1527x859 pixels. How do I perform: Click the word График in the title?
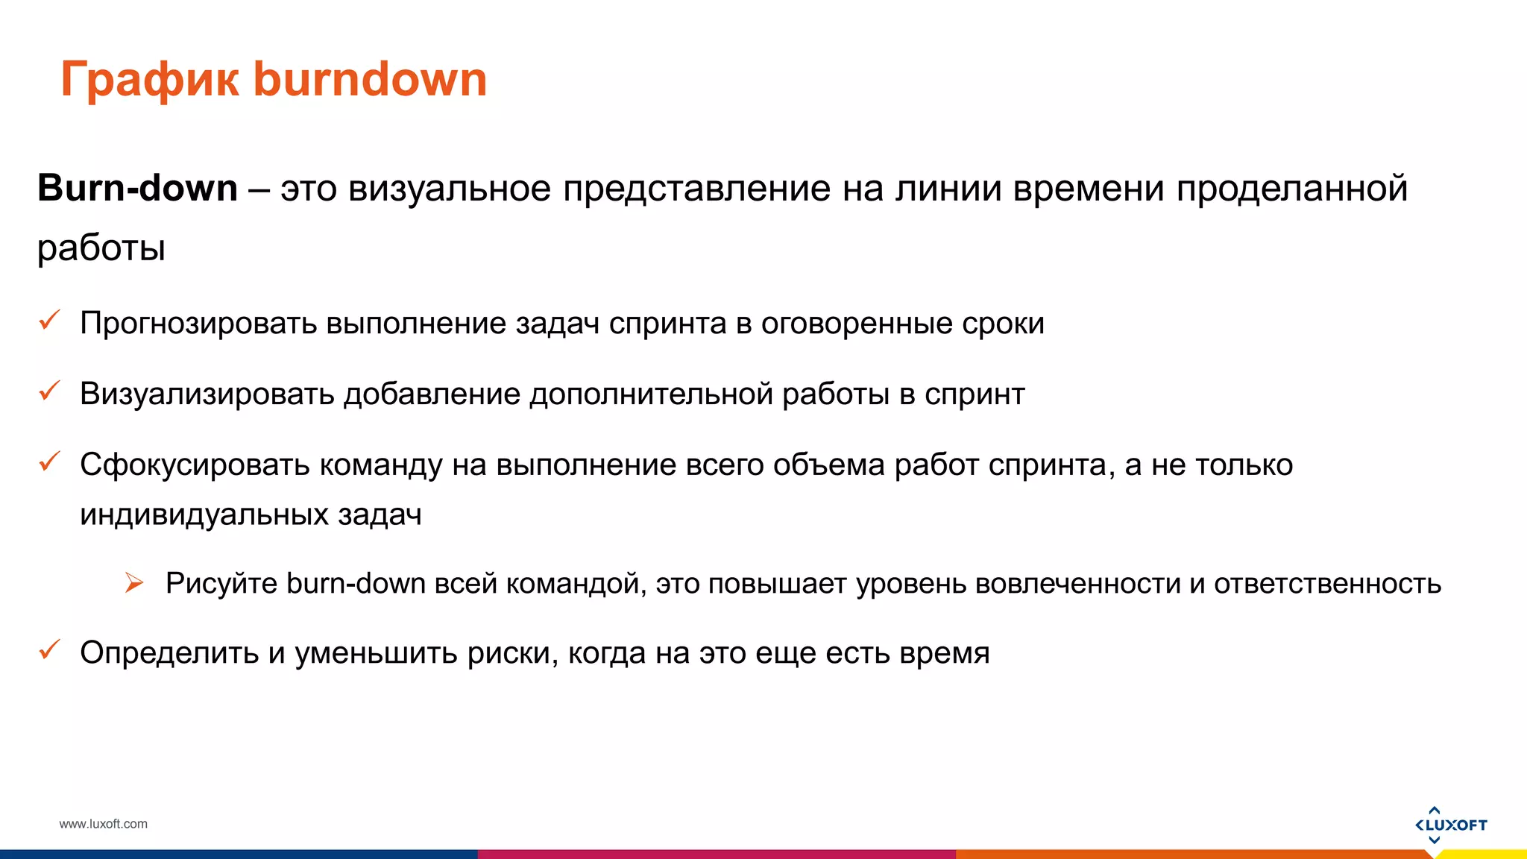pyautogui.click(x=149, y=81)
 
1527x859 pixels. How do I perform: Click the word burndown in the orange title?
pyautogui.click(x=370, y=79)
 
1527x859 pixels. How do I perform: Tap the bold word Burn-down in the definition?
pyautogui.click(x=137, y=188)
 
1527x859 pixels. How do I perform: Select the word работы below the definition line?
pyautogui.click(x=101, y=248)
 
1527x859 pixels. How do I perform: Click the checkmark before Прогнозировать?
pyautogui.click(x=49, y=321)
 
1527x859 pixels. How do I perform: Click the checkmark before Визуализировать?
pyautogui.click(x=49, y=391)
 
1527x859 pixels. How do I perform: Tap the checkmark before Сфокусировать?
pyautogui.click(x=49, y=462)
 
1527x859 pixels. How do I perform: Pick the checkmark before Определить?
pyautogui.click(x=49, y=649)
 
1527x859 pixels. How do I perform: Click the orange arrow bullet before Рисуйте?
pyautogui.click(x=134, y=583)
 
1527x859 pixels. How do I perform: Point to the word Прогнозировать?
pyautogui.click(x=198, y=324)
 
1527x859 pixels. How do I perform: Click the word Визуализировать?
pyautogui.click(x=207, y=394)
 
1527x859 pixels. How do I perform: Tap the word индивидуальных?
pyautogui.click(x=204, y=515)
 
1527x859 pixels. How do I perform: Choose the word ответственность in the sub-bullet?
pyautogui.click(x=1327, y=583)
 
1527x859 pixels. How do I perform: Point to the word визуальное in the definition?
pyautogui.click(x=450, y=188)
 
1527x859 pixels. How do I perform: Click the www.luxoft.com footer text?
pyautogui.click(x=103, y=824)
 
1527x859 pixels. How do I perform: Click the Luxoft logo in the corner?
pyautogui.click(x=1450, y=825)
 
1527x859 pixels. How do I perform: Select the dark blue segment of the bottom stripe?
pyautogui.click(x=239, y=855)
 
